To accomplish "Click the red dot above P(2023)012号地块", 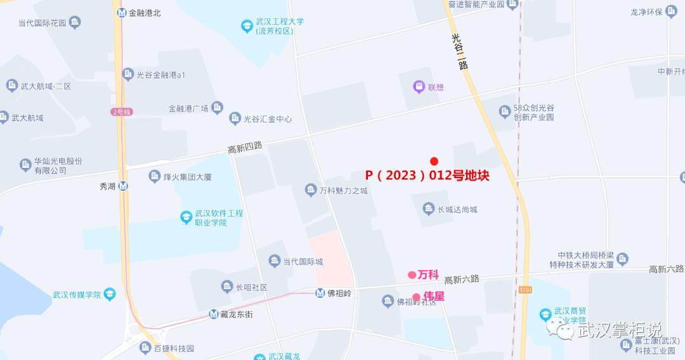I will (x=434, y=161).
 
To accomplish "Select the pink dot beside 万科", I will (x=412, y=275).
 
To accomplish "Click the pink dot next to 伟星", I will (x=417, y=297).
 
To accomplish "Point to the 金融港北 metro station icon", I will (x=122, y=12).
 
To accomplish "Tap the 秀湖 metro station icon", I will (x=123, y=186).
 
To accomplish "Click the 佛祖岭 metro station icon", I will (x=321, y=293).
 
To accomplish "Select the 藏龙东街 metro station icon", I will (x=214, y=314).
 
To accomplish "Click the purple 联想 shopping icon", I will (x=419, y=87).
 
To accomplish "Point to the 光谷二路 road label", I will (x=459, y=50).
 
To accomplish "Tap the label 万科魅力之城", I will (x=343, y=190).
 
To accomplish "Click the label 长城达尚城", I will (x=457, y=209).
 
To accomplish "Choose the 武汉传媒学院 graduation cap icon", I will (x=110, y=294).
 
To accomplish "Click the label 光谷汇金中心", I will (x=268, y=119).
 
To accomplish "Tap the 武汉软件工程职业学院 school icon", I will (x=186, y=217).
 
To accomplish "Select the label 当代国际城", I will (x=303, y=261).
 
